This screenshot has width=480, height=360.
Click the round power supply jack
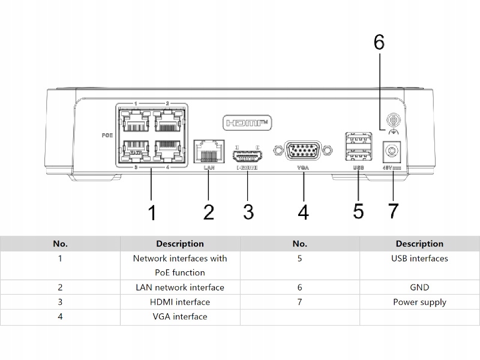pyautogui.click(x=392, y=149)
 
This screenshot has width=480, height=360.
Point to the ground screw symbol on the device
pyautogui.click(x=394, y=119)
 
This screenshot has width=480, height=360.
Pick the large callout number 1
pyautogui.click(x=152, y=212)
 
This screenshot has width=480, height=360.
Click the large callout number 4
pyautogui.click(x=304, y=212)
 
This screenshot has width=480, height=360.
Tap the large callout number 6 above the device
pyautogui.click(x=379, y=43)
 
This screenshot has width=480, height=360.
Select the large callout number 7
pyautogui.click(x=393, y=212)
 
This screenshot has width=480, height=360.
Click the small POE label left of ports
pyautogui.click(x=107, y=135)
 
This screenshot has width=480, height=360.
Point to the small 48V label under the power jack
pyautogui.click(x=391, y=167)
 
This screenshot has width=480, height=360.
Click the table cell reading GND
pyautogui.click(x=419, y=287)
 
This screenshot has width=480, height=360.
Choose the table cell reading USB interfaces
pyautogui.click(x=419, y=259)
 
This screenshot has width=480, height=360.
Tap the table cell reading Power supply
pyautogui.click(x=419, y=302)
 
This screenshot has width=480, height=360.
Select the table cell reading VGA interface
pyautogui.click(x=180, y=316)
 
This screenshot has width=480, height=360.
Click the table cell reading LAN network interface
pyautogui.click(x=180, y=287)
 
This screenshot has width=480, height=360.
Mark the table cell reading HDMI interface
pyautogui.click(x=180, y=302)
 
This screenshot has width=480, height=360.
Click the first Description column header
pyautogui.click(x=180, y=244)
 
